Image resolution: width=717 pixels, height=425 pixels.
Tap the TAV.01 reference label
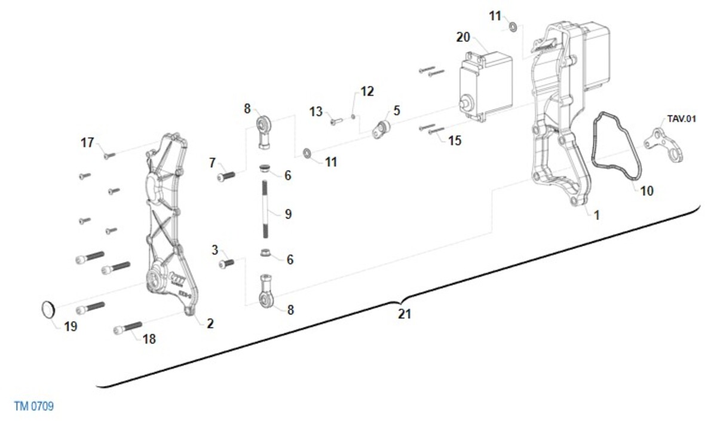click(682, 119)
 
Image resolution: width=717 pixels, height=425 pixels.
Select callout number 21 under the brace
click(405, 313)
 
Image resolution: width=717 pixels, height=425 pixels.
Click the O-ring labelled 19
click(49, 310)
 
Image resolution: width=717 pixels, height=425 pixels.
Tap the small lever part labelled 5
click(381, 129)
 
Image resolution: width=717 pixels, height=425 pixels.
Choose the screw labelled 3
click(227, 263)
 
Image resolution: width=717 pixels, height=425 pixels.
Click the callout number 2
click(210, 323)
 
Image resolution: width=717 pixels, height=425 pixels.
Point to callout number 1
click(596, 215)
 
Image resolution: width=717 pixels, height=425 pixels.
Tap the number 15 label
click(455, 140)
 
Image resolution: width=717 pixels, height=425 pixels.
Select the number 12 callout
click(367, 91)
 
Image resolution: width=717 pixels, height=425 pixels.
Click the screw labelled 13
click(334, 122)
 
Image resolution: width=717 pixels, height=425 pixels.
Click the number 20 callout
click(463, 37)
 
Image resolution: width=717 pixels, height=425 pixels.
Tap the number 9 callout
click(288, 213)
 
